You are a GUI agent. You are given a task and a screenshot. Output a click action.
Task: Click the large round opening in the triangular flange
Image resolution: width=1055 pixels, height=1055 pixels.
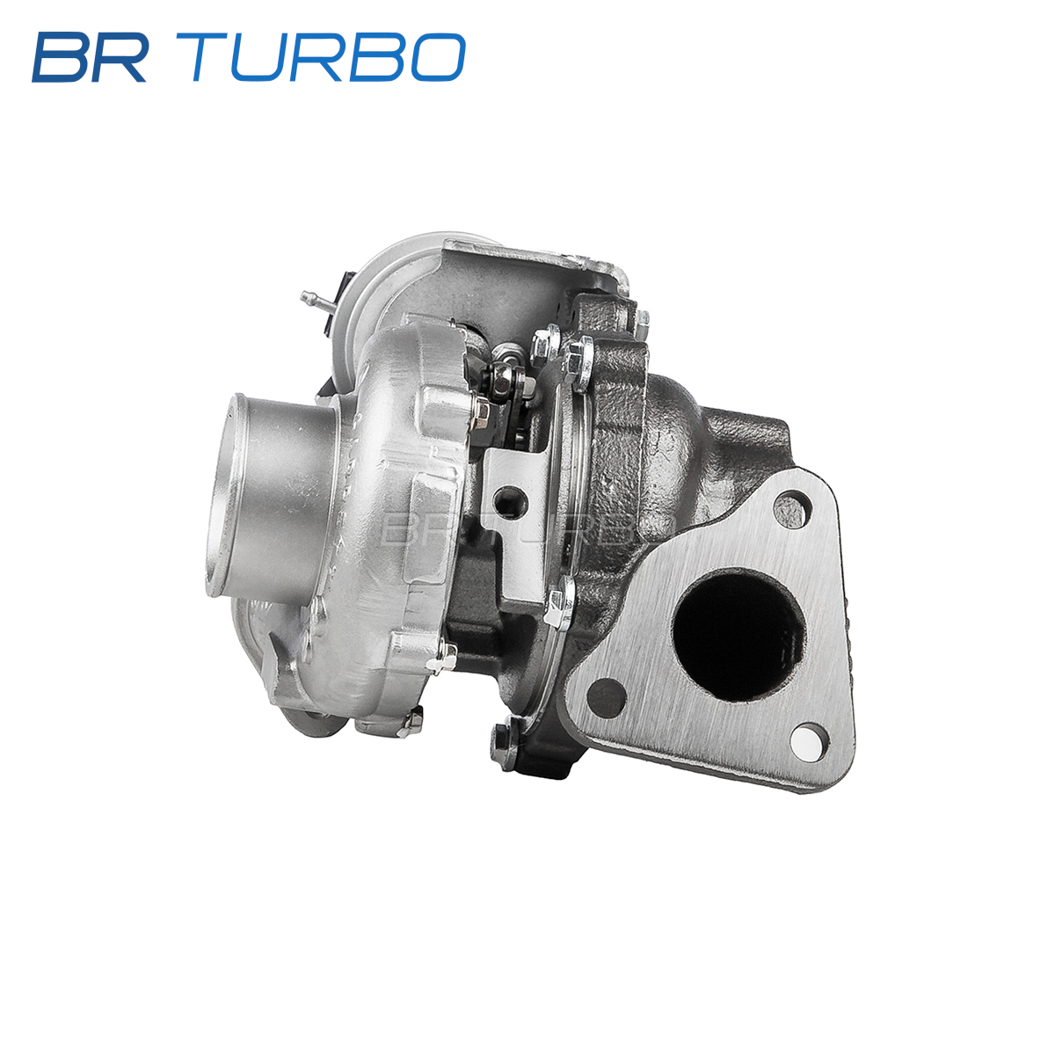pyautogui.click(x=739, y=634)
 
